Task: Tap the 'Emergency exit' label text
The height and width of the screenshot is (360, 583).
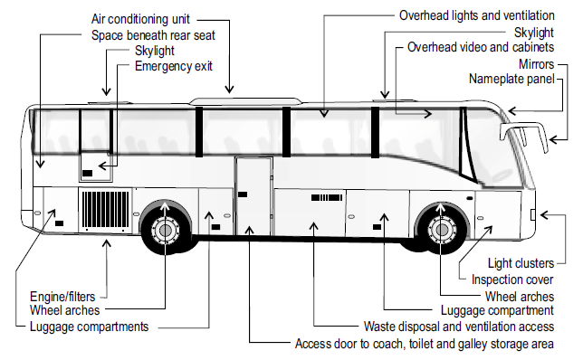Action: click(176, 66)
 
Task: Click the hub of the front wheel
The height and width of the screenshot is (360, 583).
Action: click(442, 230)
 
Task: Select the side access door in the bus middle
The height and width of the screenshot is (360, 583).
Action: click(253, 194)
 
